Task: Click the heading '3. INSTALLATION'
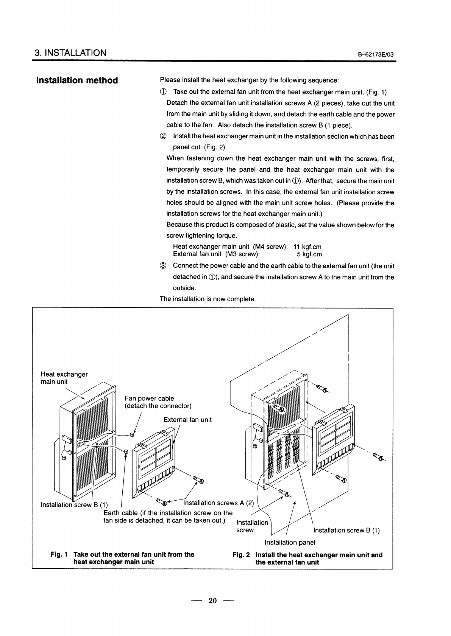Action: point(70,53)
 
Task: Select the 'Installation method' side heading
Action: point(77,80)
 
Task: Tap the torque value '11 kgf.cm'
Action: point(307,247)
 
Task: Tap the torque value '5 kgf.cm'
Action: point(309,254)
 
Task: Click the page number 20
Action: point(212,600)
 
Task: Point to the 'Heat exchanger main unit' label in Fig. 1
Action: point(64,378)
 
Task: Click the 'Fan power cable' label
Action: point(149,398)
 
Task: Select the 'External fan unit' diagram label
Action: point(187,419)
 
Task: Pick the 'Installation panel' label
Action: point(290,543)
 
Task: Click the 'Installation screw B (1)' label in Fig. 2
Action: point(346,530)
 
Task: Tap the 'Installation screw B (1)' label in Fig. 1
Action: point(74,505)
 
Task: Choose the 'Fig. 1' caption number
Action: point(59,554)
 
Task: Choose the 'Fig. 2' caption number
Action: point(241,555)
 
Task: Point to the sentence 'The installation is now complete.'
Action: point(208,299)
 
